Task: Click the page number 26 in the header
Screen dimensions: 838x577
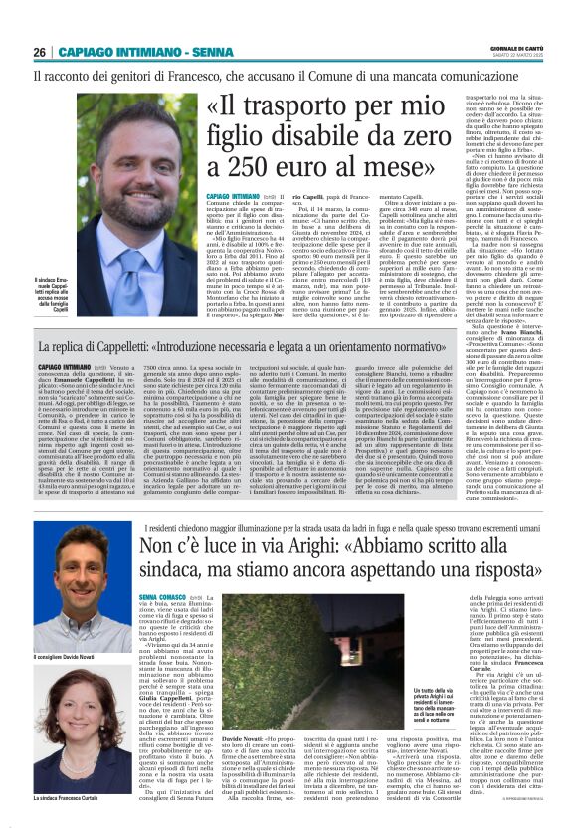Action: (x=40, y=53)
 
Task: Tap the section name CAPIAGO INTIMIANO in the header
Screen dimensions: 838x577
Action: (x=102, y=53)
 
